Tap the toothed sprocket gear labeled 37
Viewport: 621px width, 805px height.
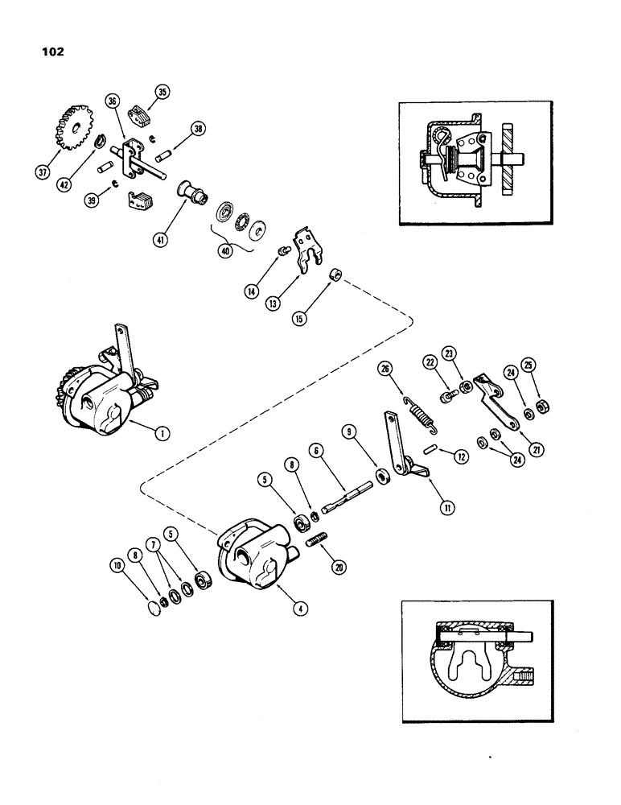(x=74, y=126)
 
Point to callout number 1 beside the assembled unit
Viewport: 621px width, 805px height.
(x=162, y=432)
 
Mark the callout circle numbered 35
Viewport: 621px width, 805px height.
(x=162, y=93)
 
